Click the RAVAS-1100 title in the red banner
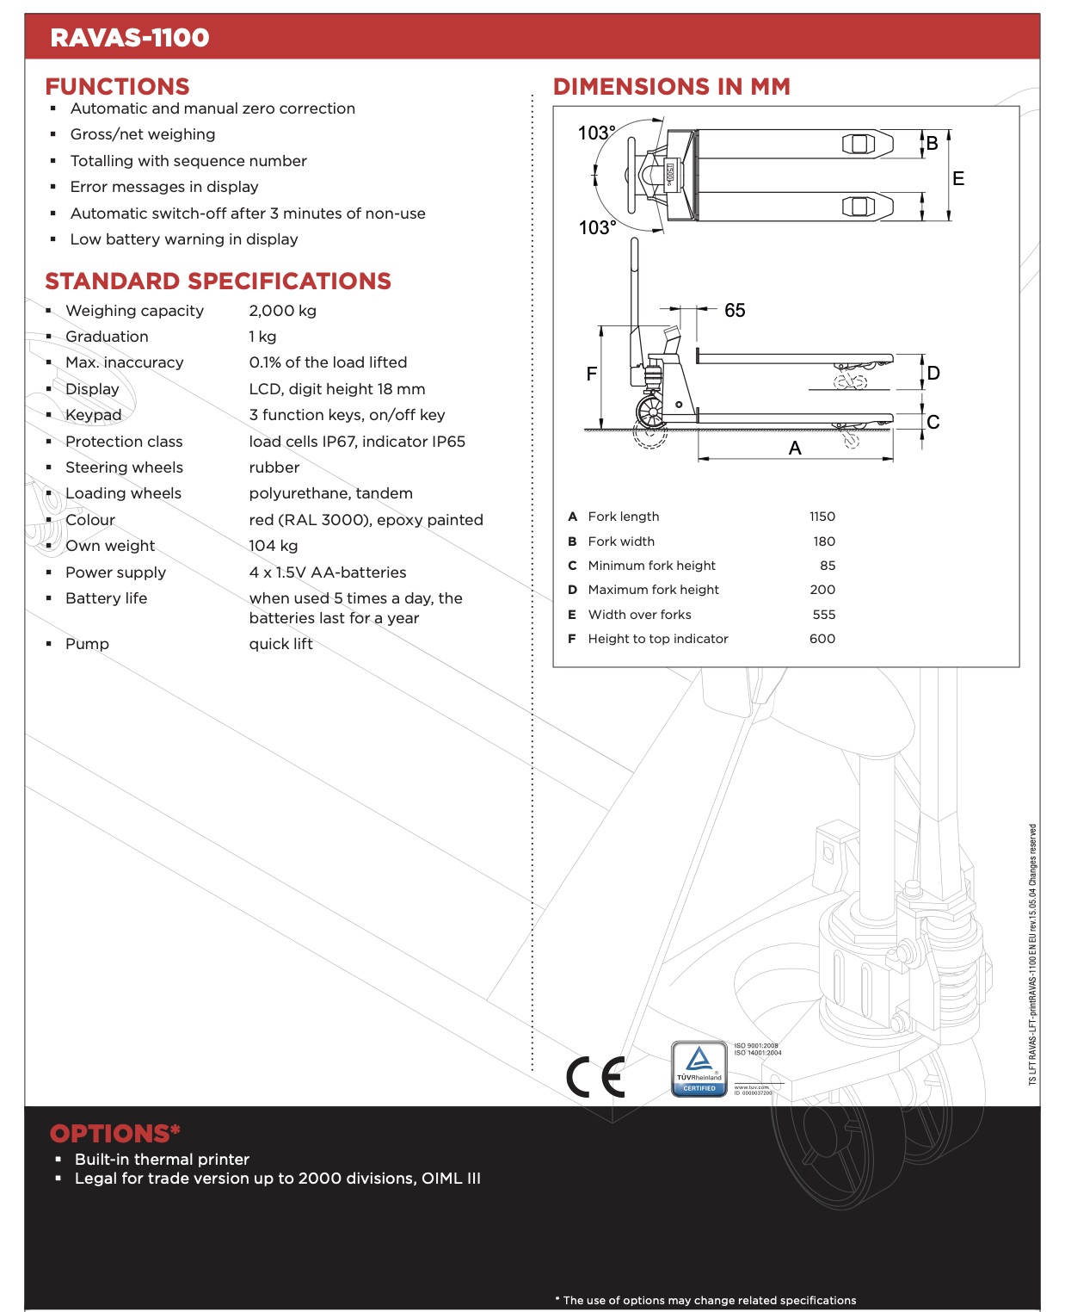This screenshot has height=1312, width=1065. pyautogui.click(x=130, y=38)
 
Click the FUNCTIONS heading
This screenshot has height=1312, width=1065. pyautogui.click(x=117, y=87)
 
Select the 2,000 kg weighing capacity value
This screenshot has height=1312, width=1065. pyautogui.click(x=282, y=311)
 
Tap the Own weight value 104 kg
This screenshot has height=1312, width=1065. pyautogui.click(x=273, y=546)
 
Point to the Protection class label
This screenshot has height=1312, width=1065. pyautogui.click(x=124, y=442)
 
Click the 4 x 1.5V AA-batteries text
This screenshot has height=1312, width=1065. pyautogui.click(x=327, y=572)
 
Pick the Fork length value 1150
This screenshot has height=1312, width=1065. pyautogui.click(x=822, y=517)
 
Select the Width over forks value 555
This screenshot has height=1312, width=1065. pyautogui.click(x=823, y=615)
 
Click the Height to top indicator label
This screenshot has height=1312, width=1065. pyautogui.click(x=657, y=639)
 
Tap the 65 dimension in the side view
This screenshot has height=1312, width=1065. pyautogui.click(x=734, y=311)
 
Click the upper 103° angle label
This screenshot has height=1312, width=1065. pyautogui.click(x=596, y=133)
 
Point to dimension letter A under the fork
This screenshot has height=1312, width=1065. pyautogui.click(x=794, y=449)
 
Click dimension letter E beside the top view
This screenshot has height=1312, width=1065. pyautogui.click(x=957, y=179)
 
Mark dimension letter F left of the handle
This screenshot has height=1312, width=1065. pyautogui.click(x=591, y=374)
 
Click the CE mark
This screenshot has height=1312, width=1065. pyautogui.click(x=595, y=1077)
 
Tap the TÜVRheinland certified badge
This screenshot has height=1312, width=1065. pyautogui.click(x=699, y=1069)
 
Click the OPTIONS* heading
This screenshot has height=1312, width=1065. pyautogui.click(x=114, y=1134)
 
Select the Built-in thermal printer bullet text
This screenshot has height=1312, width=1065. pyautogui.click(x=162, y=1160)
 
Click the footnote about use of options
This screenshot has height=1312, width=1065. pyautogui.click(x=705, y=1300)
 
